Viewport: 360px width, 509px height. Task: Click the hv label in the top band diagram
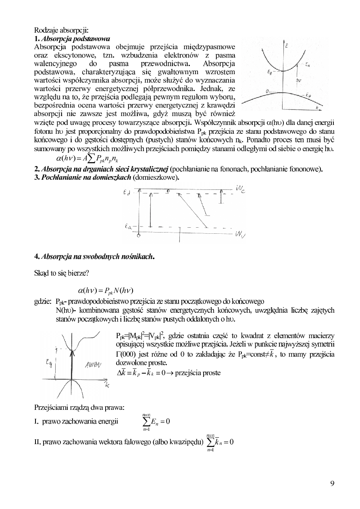coord(298,80)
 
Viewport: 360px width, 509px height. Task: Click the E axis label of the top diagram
coord(287,46)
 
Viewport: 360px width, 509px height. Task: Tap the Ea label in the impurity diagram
coord(128,227)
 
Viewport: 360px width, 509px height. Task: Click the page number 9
coord(332,484)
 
